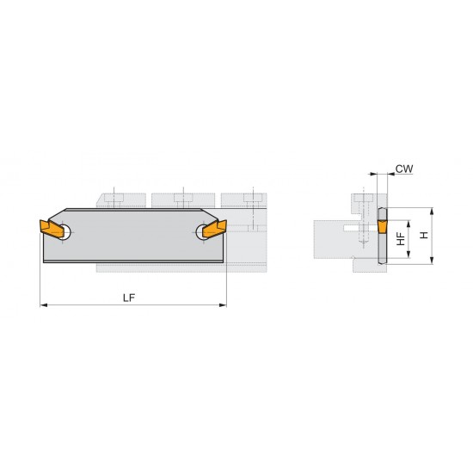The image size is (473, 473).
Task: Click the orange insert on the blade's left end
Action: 52,230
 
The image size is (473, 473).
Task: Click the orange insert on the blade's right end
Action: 216,230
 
